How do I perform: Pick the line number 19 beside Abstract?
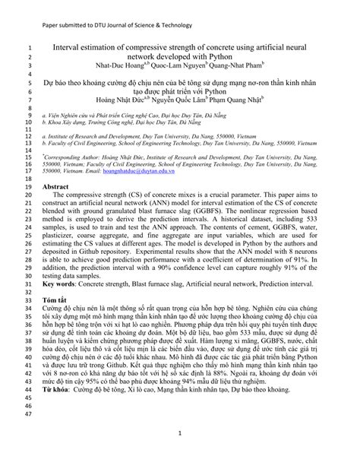click(25, 185)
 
